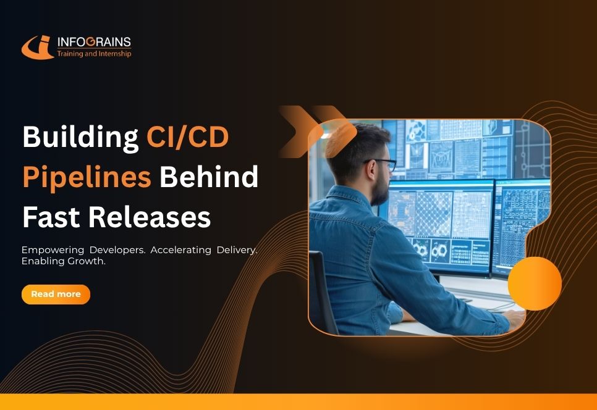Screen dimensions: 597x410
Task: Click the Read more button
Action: point(56,295)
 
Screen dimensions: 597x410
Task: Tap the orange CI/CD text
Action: point(188,137)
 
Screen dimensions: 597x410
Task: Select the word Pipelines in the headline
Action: point(87,178)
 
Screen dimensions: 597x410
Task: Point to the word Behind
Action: point(209,177)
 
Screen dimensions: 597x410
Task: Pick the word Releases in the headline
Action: point(150,217)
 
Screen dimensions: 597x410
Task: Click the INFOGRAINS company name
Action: point(94,42)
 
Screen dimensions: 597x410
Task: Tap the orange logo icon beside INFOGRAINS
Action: point(38,47)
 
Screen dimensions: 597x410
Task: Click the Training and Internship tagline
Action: point(94,54)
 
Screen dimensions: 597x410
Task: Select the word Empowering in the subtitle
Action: point(53,250)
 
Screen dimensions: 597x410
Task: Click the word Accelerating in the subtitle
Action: point(181,250)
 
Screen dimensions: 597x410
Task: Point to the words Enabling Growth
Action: point(64,261)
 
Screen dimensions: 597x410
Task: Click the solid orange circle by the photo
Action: point(535,283)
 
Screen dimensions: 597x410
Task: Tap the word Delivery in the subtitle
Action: point(237,250)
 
